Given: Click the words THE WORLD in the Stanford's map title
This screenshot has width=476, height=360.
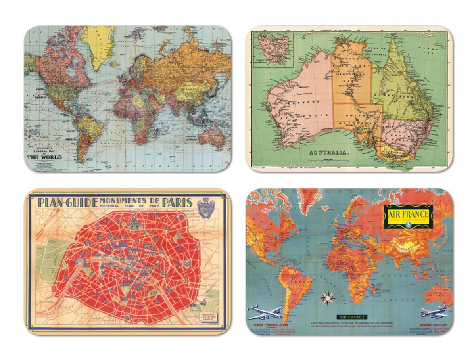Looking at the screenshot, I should point(44,157).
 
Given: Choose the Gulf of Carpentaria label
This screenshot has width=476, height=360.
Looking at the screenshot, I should point(376,52).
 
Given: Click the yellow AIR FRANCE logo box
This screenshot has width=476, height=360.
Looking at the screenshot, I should point(408,216).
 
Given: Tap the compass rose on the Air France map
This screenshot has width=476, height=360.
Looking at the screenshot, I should point(327,297).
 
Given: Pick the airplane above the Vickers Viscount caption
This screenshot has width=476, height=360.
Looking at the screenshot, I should point(435,312).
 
